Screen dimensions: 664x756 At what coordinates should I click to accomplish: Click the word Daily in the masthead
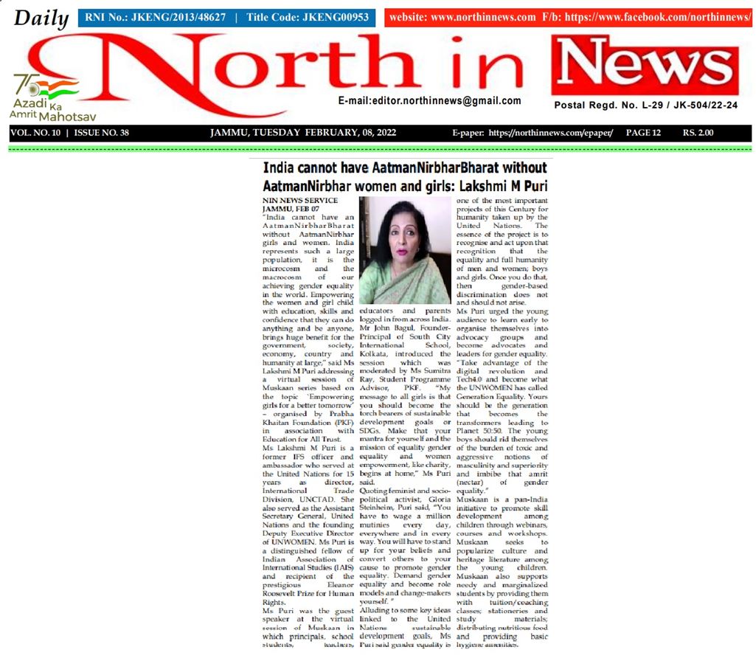pos(41,18)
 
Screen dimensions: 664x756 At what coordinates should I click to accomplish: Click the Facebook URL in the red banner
pos(657,17)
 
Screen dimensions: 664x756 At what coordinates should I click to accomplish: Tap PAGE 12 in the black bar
pos(643,134)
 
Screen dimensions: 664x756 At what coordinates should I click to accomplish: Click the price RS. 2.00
pos(698,134)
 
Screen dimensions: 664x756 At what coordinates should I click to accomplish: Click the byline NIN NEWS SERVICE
pos(300,201)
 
